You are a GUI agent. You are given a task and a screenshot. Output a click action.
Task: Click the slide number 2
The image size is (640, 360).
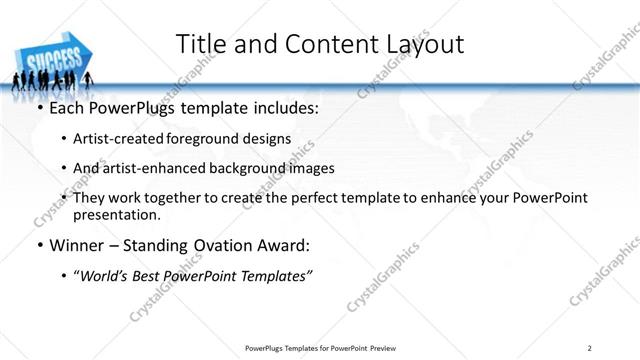tap(591, 348)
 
